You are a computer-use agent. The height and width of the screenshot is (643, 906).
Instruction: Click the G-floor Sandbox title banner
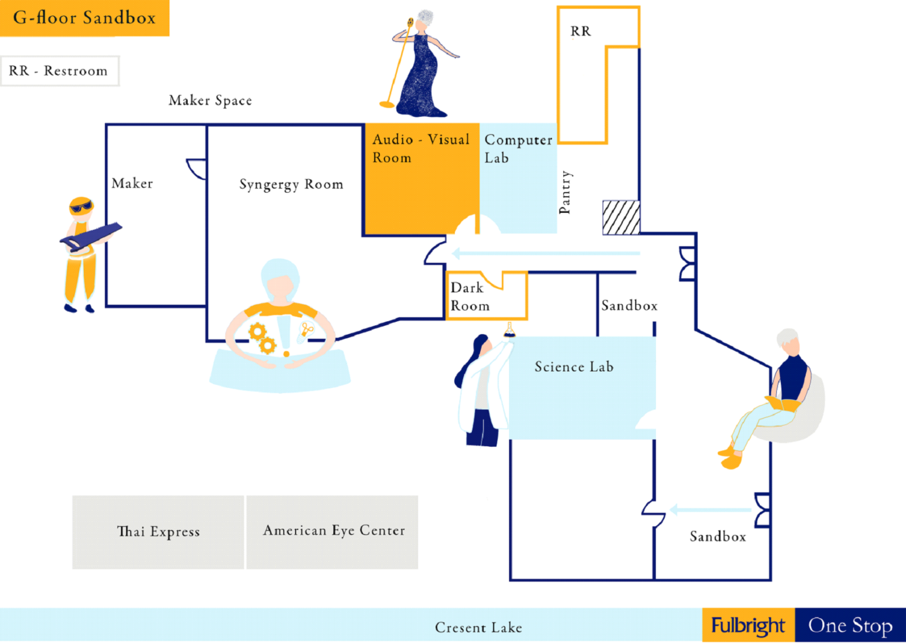84,18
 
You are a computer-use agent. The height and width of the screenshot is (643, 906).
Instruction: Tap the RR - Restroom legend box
59,71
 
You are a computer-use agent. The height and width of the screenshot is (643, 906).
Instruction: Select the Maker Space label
210,100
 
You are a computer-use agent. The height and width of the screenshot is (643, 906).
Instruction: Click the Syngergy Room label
291,184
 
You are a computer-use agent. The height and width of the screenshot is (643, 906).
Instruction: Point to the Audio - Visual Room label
421,148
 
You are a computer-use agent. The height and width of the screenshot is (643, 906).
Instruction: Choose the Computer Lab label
518,149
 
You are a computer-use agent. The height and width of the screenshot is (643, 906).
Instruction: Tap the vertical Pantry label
565,192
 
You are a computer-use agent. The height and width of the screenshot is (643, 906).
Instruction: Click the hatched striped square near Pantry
621,217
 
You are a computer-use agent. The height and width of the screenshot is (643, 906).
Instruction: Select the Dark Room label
470,296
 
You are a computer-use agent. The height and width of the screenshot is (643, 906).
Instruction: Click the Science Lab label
574,367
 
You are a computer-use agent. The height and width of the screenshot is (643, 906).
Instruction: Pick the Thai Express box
158,532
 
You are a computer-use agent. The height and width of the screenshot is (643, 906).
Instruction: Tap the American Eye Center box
333,531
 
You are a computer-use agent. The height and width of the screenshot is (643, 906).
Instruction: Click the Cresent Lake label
478,628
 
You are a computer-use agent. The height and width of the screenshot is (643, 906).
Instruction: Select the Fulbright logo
748,625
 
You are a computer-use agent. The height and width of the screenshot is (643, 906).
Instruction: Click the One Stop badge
850,625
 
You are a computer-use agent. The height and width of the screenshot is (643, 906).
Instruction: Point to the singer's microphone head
410,23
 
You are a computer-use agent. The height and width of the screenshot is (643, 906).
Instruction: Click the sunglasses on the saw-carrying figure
81,207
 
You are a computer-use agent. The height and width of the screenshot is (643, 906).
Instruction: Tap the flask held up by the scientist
509,330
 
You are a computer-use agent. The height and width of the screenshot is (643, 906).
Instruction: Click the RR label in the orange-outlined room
580,31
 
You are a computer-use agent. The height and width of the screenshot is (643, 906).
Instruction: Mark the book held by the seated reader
783,404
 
